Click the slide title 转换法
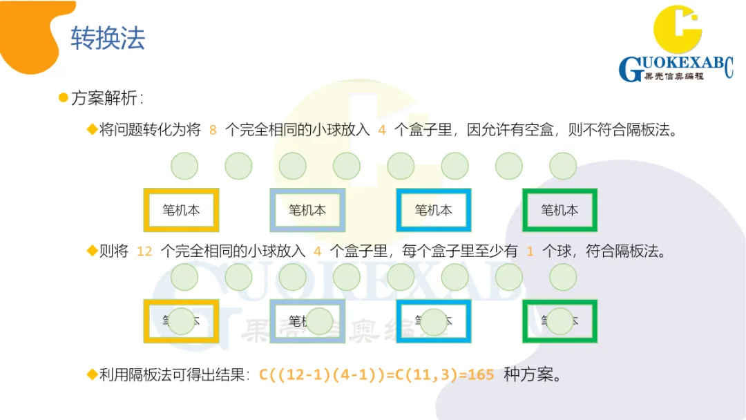pyautogui.click(x=108, y=39)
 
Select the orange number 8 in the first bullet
pyautogui.click(x=213, y=130)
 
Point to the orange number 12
pyautogui.click(x=144, y=251)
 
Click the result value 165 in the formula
pyautogui.click(x=481, y=375)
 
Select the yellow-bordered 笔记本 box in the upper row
pyautogui.click(x=181, y=210)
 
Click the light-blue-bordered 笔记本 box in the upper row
pyautogui.click(x=307, y=210)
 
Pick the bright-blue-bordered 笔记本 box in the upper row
pyautogui.click(x=433, y=210)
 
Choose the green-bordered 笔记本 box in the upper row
pyautogui.click(x=559, y=210)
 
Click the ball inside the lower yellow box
pyautogui.click(x=182, y=321)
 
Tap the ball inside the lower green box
pyautogui.click(x=560, y=321)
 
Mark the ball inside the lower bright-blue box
pyautogui.click(x=434, y=321)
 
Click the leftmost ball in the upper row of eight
pyautogui.click(x=184, y=166)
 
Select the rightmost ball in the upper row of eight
pyautogui.click(x=563, y=166)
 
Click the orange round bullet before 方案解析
pyautogui.click(x=64, y=98)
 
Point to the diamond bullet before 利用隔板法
pyautogui.click(x=92, y=374)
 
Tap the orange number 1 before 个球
pyautogui.click(x=530, y=251)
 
